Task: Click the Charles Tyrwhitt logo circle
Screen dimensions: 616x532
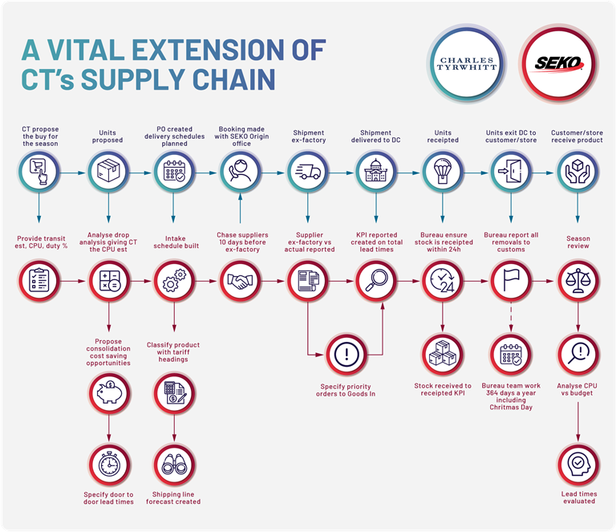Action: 466,63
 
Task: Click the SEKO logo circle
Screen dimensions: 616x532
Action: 558,63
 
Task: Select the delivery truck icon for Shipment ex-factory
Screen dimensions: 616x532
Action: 308,172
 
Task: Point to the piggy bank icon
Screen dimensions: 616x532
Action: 109,394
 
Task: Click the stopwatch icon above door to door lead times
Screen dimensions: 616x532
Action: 109,465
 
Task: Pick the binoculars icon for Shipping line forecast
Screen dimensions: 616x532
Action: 174,465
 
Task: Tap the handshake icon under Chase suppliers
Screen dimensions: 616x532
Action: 240,281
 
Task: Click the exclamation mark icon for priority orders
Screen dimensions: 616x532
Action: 346,355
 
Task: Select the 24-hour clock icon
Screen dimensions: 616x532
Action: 443,281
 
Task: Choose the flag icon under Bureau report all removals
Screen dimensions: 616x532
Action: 511,281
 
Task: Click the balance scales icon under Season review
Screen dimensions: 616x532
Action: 577,281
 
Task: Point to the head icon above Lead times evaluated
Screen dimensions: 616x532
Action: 577,465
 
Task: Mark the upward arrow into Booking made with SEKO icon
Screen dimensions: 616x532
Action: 240,209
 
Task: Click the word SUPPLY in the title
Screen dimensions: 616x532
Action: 134,79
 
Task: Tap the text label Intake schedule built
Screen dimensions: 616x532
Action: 176,242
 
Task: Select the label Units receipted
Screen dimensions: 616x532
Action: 443,136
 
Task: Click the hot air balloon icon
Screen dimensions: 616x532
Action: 443,172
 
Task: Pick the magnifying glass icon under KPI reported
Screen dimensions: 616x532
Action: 376,281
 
